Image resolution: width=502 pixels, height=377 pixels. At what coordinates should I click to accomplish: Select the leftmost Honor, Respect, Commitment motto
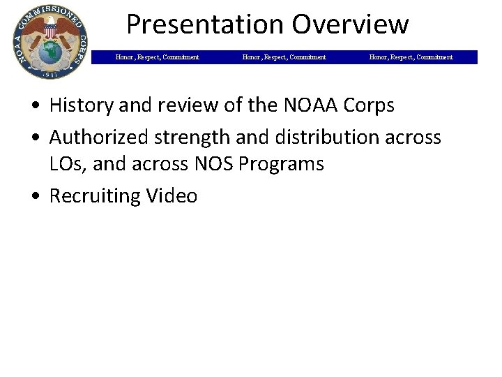157,57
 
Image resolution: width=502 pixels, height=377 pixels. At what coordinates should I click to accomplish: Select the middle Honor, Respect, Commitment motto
284,57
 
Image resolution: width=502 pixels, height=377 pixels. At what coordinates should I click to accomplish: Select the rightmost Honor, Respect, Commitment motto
411,57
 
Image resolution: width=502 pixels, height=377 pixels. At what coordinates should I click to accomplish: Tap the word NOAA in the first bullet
307,105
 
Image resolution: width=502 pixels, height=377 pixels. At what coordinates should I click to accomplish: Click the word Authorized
100,137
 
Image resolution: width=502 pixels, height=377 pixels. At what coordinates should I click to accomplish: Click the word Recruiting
95,195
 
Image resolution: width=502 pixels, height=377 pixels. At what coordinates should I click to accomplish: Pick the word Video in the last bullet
172,195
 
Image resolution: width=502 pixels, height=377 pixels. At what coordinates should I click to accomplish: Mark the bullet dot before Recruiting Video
36,196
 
